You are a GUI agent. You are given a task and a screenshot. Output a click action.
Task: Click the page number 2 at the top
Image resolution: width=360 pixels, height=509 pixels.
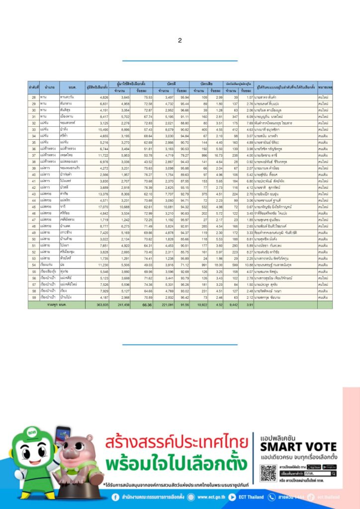(180, 40)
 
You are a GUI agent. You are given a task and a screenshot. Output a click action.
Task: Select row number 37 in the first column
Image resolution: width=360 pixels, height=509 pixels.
(34, 155)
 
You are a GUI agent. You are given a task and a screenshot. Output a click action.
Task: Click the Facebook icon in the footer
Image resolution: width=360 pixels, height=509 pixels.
(115, 497)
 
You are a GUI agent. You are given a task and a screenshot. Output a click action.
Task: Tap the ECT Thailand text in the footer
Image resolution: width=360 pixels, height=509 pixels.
(259, 497)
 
